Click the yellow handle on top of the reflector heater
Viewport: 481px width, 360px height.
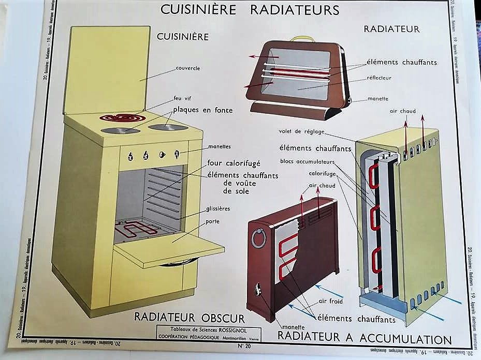pos(302,39)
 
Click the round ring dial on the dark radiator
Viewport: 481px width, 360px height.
pos(258,239)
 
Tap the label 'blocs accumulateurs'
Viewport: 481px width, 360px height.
pos(308,160)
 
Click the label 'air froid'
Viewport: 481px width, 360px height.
pos(330,301)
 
